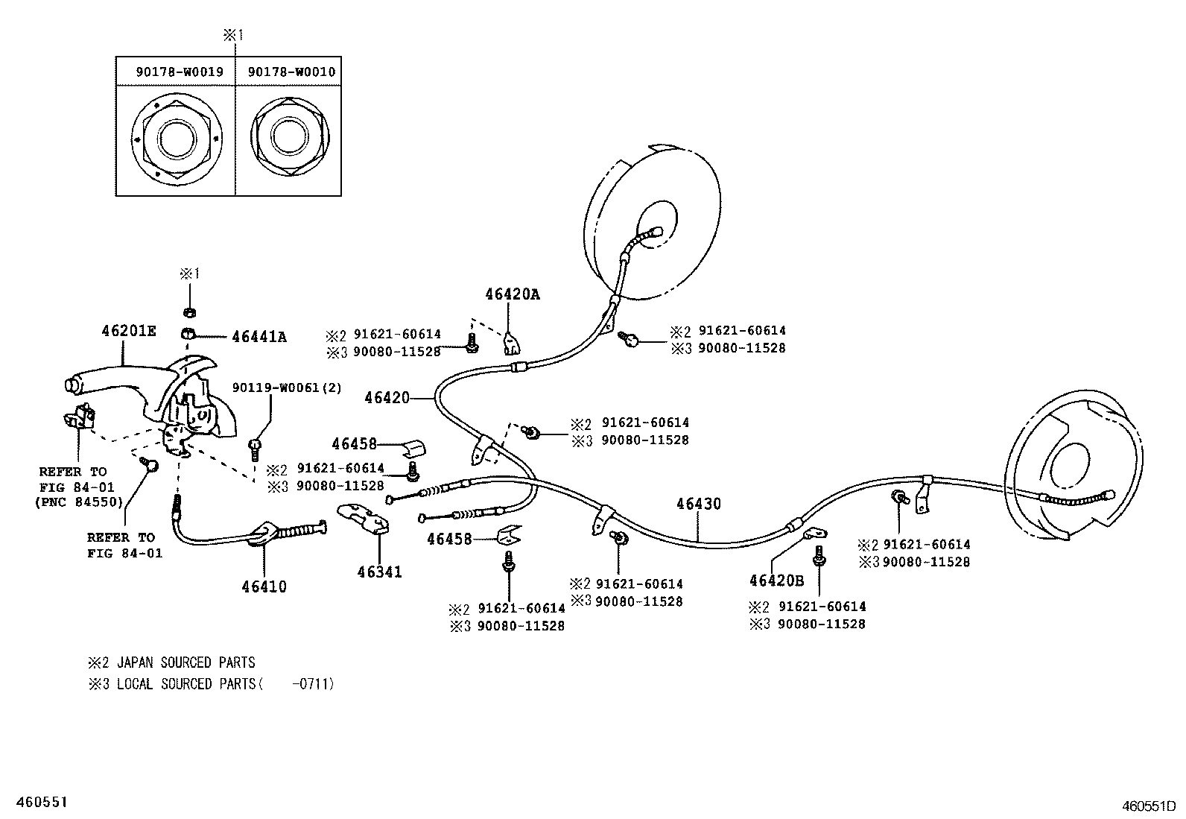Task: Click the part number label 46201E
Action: coord(129,331)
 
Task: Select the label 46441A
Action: coord(259,337)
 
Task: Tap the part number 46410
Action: coord(264,586)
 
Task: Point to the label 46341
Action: coord(379,572)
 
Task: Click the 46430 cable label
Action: coord(699,505)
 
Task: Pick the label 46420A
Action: coord(512,294)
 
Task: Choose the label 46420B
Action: coord(776,581)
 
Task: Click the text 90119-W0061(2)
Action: coord(287,388)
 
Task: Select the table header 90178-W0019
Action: coord(180,72)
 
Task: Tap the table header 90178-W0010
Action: coord(291,72)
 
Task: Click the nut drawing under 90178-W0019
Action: coord(177,139)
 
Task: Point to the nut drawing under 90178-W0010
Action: coord(288,137)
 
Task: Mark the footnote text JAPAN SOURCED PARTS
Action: coord(185,663)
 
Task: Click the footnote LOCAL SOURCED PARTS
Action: coord(185,683)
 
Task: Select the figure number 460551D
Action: coord(1148,806)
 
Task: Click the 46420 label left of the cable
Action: coord(387,399)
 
